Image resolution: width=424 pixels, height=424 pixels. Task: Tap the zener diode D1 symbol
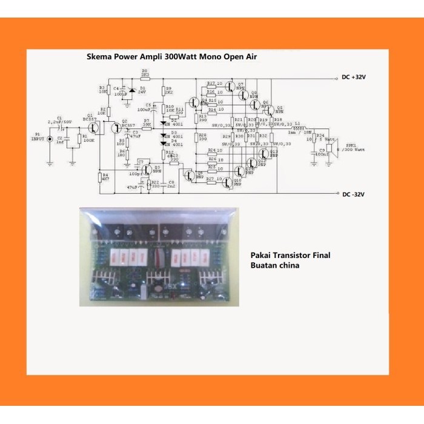134,91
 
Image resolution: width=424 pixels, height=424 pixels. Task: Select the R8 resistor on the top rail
145,78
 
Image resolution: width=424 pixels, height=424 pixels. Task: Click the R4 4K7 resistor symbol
99,177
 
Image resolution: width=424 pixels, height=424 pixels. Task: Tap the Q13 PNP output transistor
265,153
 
